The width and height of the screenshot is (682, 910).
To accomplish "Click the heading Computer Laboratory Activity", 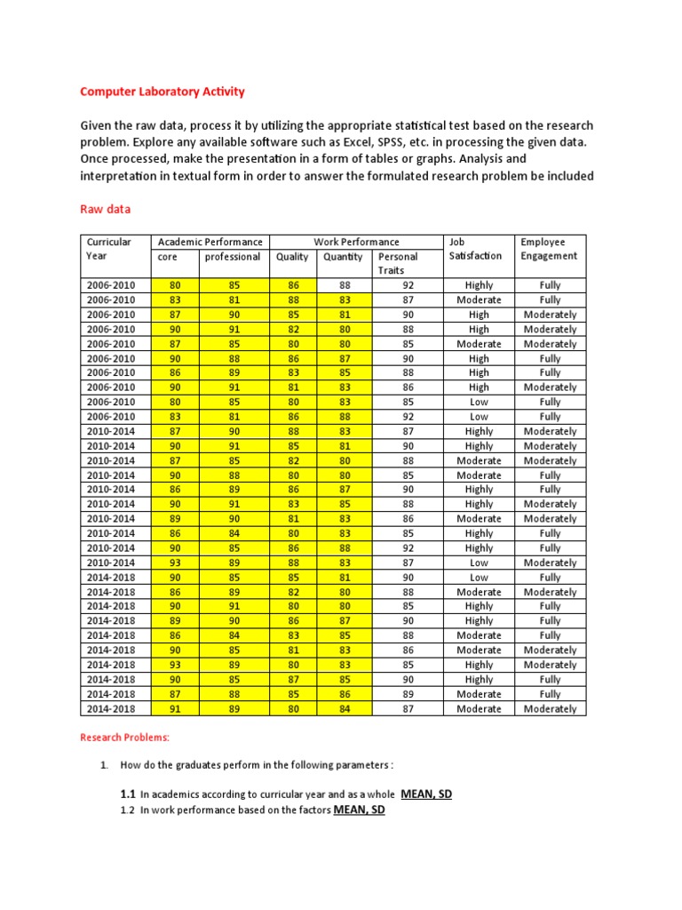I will (163, 92).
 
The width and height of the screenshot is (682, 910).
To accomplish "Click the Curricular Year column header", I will (108, 249).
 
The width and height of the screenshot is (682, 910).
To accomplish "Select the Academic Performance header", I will (210, 242).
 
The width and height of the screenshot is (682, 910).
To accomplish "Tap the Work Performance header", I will (356, 242).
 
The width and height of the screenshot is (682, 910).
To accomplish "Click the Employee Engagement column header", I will (549, 249).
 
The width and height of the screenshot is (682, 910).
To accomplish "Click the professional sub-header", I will (233, 257).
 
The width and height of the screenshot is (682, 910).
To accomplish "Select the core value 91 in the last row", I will (174, 708).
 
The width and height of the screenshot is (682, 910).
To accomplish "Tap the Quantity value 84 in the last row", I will (344, 708).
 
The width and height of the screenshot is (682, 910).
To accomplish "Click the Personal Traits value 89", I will (408, 694).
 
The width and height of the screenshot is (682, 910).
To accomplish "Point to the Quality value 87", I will (293, 679).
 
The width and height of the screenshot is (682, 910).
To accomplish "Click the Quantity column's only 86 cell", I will (344, 694).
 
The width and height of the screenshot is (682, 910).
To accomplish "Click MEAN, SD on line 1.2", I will (359, 810).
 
